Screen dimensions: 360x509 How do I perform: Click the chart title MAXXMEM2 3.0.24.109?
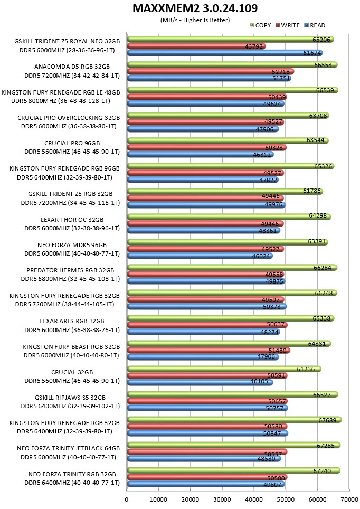pyautogui.click(x=195, y=8)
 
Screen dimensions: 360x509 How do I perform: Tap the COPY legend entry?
pyautogui.click(x=260, y=25)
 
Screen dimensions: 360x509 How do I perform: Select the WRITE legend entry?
pyautogui.click(x=287, y=25)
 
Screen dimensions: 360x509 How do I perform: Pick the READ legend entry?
pyautogui.click(x=315, y=25)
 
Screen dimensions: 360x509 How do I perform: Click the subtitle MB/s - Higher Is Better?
pyautogui.click(x=195, y=20)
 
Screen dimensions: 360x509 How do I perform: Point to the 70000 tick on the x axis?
pyautogui.click(x=349, y=499)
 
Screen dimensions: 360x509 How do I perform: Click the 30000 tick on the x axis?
pyautogui.click(x=222, y=499)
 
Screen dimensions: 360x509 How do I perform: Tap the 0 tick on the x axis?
pyautogui.click(x=127, y=499)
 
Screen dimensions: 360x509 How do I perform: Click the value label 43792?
pyautogui.click(x=254, y=46)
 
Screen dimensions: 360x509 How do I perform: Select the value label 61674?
pyautogui.click(x=312, y=53)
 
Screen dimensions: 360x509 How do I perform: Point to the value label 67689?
pyautogui.click(x=327, y=420)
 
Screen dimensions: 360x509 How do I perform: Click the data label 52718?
pyautogui.click(x=281, y=72)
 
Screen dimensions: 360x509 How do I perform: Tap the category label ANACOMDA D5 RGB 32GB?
pyautogui.click(x=72, y=67)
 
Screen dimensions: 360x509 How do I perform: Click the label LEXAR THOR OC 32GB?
pyautogui.click(x=72, y=220)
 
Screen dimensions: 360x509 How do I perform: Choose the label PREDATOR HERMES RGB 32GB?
pyautogui.click(x=70, y=270)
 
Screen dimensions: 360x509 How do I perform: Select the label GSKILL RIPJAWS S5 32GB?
pyautogui.click(x=70, y=398)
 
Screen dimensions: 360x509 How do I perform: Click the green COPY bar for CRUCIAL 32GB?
pyautogui.click(x=224, y=369)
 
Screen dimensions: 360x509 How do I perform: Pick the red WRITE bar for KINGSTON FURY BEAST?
pyautogui.click(x=209, y=350)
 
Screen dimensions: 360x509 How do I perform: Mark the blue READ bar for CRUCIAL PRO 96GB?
pyautogui.click(x=200, y=155)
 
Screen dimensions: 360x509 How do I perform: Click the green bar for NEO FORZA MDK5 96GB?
pyautogui.click(x=228, y=242)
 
